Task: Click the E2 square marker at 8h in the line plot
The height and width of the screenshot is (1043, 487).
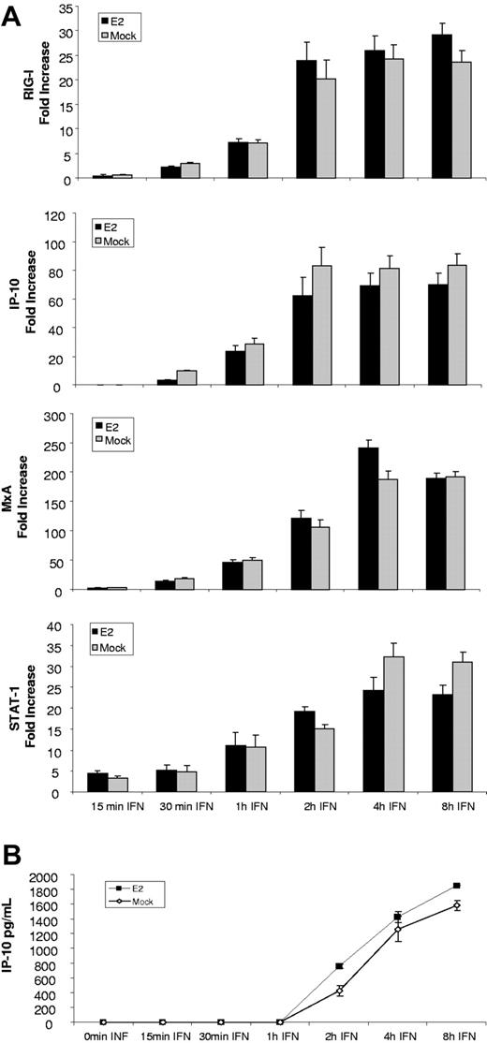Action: point(456,886)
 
